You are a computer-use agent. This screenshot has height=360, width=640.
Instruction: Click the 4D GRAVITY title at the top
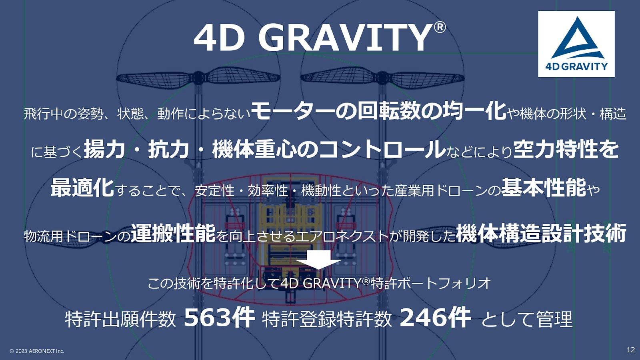312,38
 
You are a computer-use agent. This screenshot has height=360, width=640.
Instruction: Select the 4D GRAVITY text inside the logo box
576,66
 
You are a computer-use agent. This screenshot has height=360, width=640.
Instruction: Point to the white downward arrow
318,260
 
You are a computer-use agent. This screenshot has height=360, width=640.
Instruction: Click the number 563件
219,318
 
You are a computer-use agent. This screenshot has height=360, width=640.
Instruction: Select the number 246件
435,318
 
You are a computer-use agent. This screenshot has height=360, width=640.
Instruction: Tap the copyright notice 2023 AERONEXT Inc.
37,351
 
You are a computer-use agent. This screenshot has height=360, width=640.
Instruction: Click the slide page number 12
630,350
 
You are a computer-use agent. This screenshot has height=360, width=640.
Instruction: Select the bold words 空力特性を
566,149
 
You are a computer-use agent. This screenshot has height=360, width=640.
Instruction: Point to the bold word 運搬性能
173,233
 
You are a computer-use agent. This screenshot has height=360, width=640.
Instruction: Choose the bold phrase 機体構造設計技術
541,233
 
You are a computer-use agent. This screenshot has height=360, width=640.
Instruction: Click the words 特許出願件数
120,319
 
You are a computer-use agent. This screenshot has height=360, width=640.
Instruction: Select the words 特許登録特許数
327,319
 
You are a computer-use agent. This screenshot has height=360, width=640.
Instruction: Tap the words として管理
527,319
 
